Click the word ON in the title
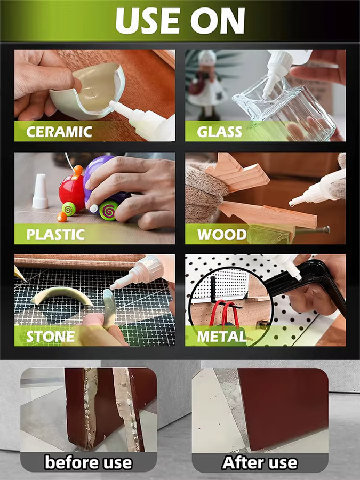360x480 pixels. coord(218,21)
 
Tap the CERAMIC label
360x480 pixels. coord(59,132)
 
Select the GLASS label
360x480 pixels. coord(219,132)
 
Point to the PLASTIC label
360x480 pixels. coord(55,235)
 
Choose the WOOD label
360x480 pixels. coord(222,235)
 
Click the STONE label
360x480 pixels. coord(51,337)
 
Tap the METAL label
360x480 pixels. coord(222,337)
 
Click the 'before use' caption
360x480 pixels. coord(88,462)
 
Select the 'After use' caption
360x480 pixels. coord(260,462)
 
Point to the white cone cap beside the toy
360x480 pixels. coord(40,191)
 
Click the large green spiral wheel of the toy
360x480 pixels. coord(108,210)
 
